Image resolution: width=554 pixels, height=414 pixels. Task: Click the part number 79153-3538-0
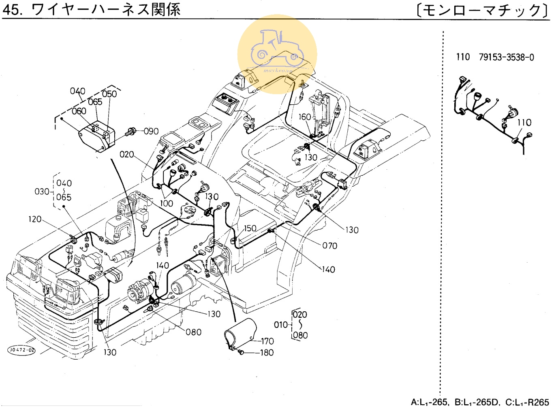[506, 57]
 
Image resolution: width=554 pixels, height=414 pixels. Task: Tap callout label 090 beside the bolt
[151, 131]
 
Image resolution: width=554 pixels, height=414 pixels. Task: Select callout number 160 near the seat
[304, 117]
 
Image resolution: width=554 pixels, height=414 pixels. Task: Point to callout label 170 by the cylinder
[267, 341]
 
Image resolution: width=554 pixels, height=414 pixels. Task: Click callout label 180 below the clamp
[267, 352]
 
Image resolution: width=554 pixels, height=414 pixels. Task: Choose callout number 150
[250, 228]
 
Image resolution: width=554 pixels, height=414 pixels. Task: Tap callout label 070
[329, 246]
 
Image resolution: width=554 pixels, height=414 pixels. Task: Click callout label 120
[35, 219]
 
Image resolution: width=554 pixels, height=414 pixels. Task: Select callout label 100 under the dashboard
[166, 203]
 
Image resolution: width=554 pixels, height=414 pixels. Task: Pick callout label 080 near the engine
[193, 332]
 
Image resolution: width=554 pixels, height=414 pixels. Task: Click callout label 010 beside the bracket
[281, 325]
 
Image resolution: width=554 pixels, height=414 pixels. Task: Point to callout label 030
[42, 191]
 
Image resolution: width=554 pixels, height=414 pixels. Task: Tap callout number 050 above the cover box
[109, 94]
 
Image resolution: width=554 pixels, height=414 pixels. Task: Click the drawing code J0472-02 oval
[21, 350]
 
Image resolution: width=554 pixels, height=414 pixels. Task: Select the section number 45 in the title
[11, 10]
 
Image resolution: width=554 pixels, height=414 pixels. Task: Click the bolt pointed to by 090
[130, 131]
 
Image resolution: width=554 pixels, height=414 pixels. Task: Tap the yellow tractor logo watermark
[277, 54]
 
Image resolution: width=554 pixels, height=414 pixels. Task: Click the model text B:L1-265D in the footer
[477, 402]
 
